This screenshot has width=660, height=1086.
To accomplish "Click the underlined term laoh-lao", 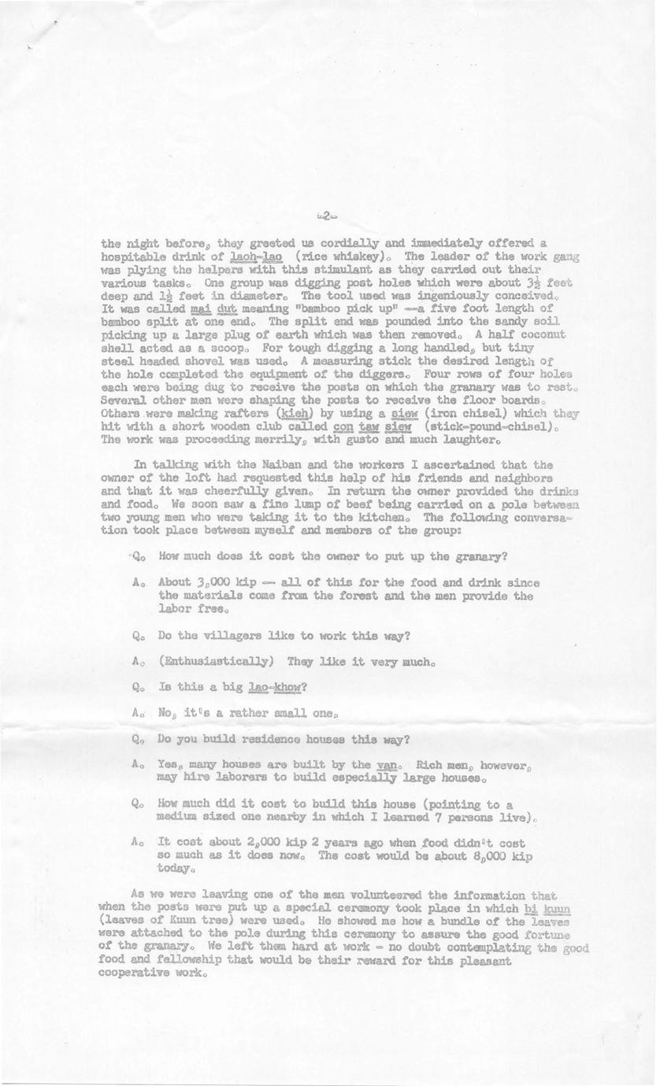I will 252,257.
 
